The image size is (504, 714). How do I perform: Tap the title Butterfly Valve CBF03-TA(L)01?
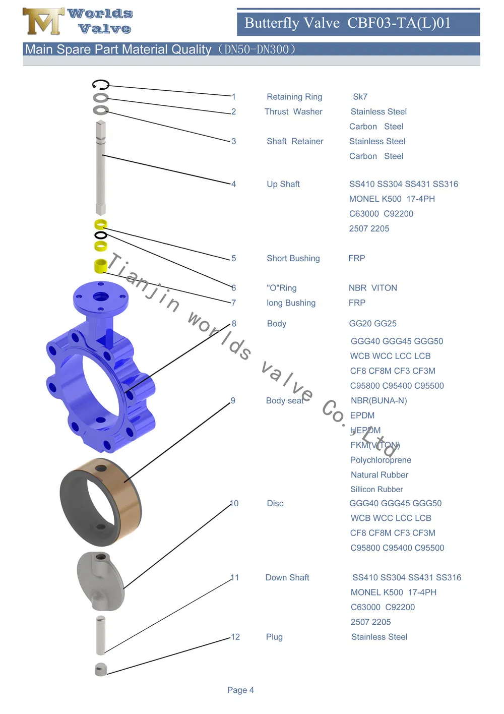tap(347, 23)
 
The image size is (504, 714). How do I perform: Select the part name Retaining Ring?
tap(294, 97)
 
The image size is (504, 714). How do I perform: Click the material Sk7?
tap(360, 97)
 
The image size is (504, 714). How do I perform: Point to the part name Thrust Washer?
tap(293, 112)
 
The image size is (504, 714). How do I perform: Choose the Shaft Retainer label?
tap(294, 142)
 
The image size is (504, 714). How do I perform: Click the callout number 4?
tap(233, 184)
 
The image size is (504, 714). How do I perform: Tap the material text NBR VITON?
tap(372, 288)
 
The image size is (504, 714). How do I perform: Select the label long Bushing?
tap(291, 303)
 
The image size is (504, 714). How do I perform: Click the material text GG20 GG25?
tap(372, 324)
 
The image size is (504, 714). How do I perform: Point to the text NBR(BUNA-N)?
tap(379, 401)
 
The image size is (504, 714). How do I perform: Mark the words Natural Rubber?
tap(379, 475)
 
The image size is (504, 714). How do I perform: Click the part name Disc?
tap(275, 504)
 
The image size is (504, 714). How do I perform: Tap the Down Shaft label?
tap(287, 578)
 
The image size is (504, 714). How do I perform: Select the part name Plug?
tap(274, 637)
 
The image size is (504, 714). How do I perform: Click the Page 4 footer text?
tap(240, 690)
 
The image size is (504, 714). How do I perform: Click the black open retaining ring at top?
tap(101, 84)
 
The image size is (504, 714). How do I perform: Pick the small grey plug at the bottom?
tap(101, 669)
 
